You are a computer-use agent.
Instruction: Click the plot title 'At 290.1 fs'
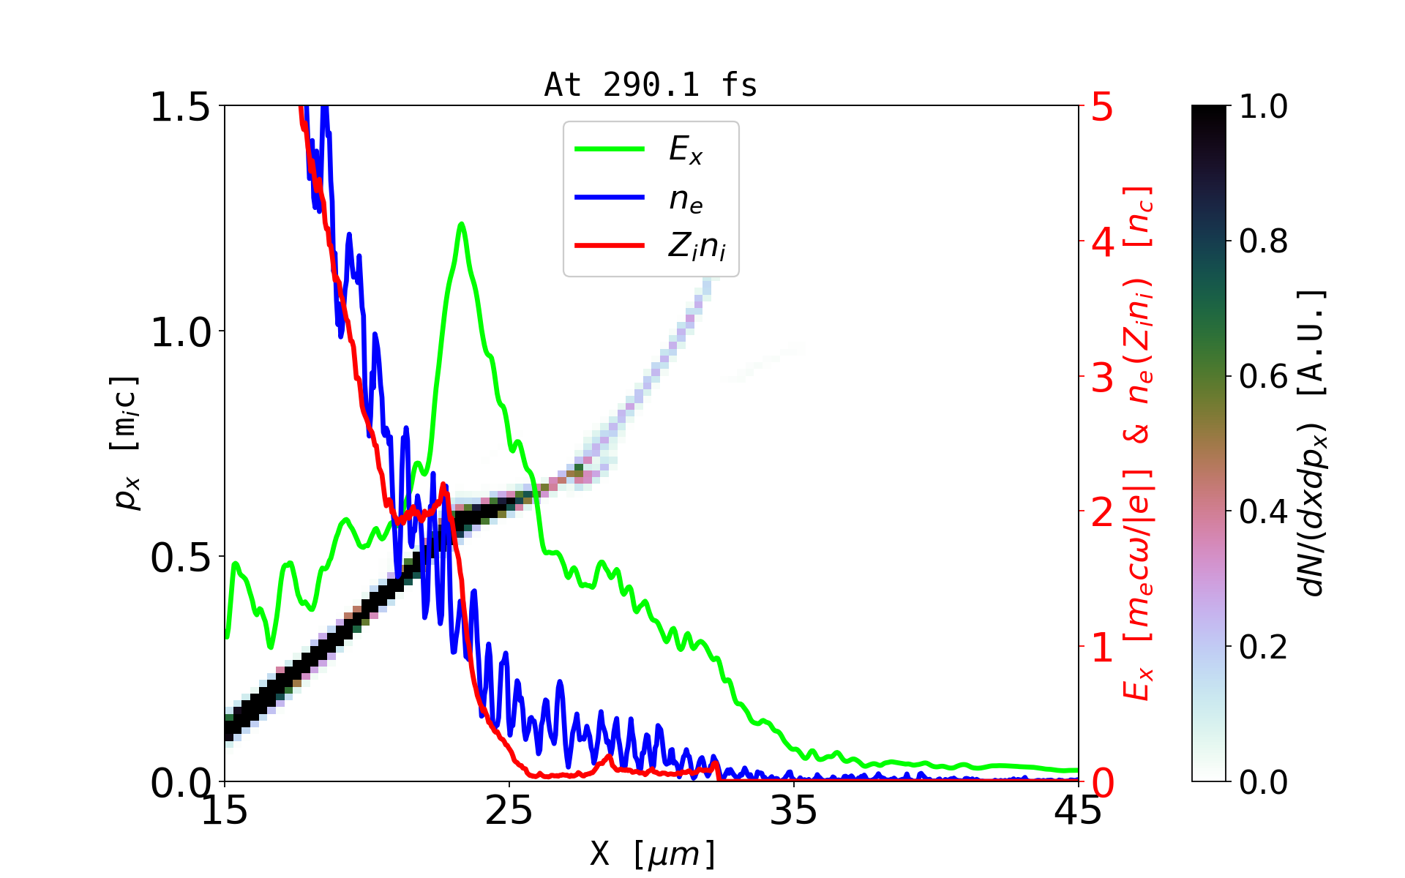click(651, 86)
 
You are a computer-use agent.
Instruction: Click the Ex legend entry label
click(686, 150)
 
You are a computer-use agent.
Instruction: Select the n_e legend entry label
click(686, 199)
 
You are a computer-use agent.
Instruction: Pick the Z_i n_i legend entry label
click(697, 247)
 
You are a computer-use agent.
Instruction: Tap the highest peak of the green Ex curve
click(461, 224)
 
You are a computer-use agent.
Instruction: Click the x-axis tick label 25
click(509, 811)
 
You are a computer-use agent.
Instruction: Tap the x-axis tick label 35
click(794, 811)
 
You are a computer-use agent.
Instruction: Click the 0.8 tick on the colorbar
click(1263, 241)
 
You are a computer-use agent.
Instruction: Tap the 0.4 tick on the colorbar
click(1263, 512)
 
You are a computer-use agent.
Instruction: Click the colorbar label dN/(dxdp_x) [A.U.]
click(1314, 443)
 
